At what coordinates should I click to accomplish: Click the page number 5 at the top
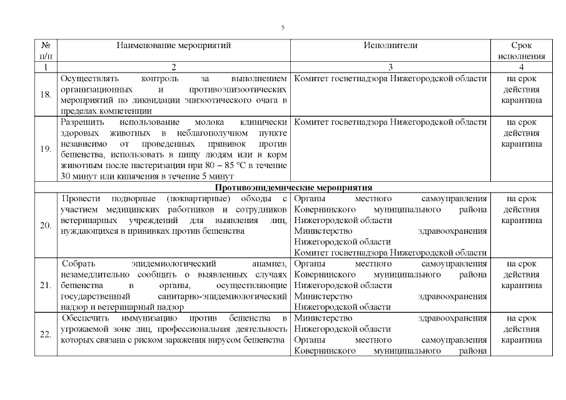(x=283, y=28)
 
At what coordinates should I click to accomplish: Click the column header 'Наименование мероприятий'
(x=173, y=46)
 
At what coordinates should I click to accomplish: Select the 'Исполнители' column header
(x=390, y=46)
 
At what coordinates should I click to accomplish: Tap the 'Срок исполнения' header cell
(x=521, y=51)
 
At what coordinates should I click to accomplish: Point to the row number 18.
(x=46, y=95)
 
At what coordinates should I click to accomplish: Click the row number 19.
(x=46, y=150)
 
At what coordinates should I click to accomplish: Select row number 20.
(x=46, y=226)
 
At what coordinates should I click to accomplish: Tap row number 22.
(x=46, y=334)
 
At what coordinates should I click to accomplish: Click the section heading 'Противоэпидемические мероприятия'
(x=293, y=187)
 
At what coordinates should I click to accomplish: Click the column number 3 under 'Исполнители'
(x=390, y=67)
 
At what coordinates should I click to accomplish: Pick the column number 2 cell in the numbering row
(x=173, y=67)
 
